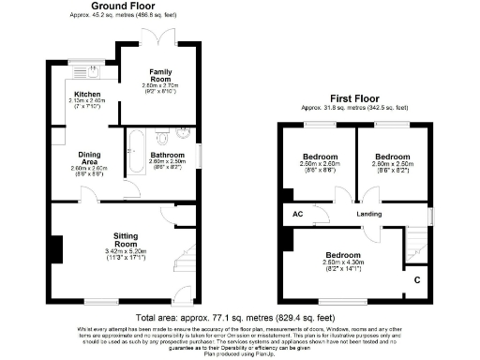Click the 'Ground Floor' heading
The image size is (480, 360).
pyautogui.click(x=122, y=6)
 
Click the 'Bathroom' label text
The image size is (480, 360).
pyautogui.click(x=166, y=155)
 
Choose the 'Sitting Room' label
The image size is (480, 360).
pyautogui.click(x=127, y=239)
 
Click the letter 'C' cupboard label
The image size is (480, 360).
pyautogui.click(x=417, y=279)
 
